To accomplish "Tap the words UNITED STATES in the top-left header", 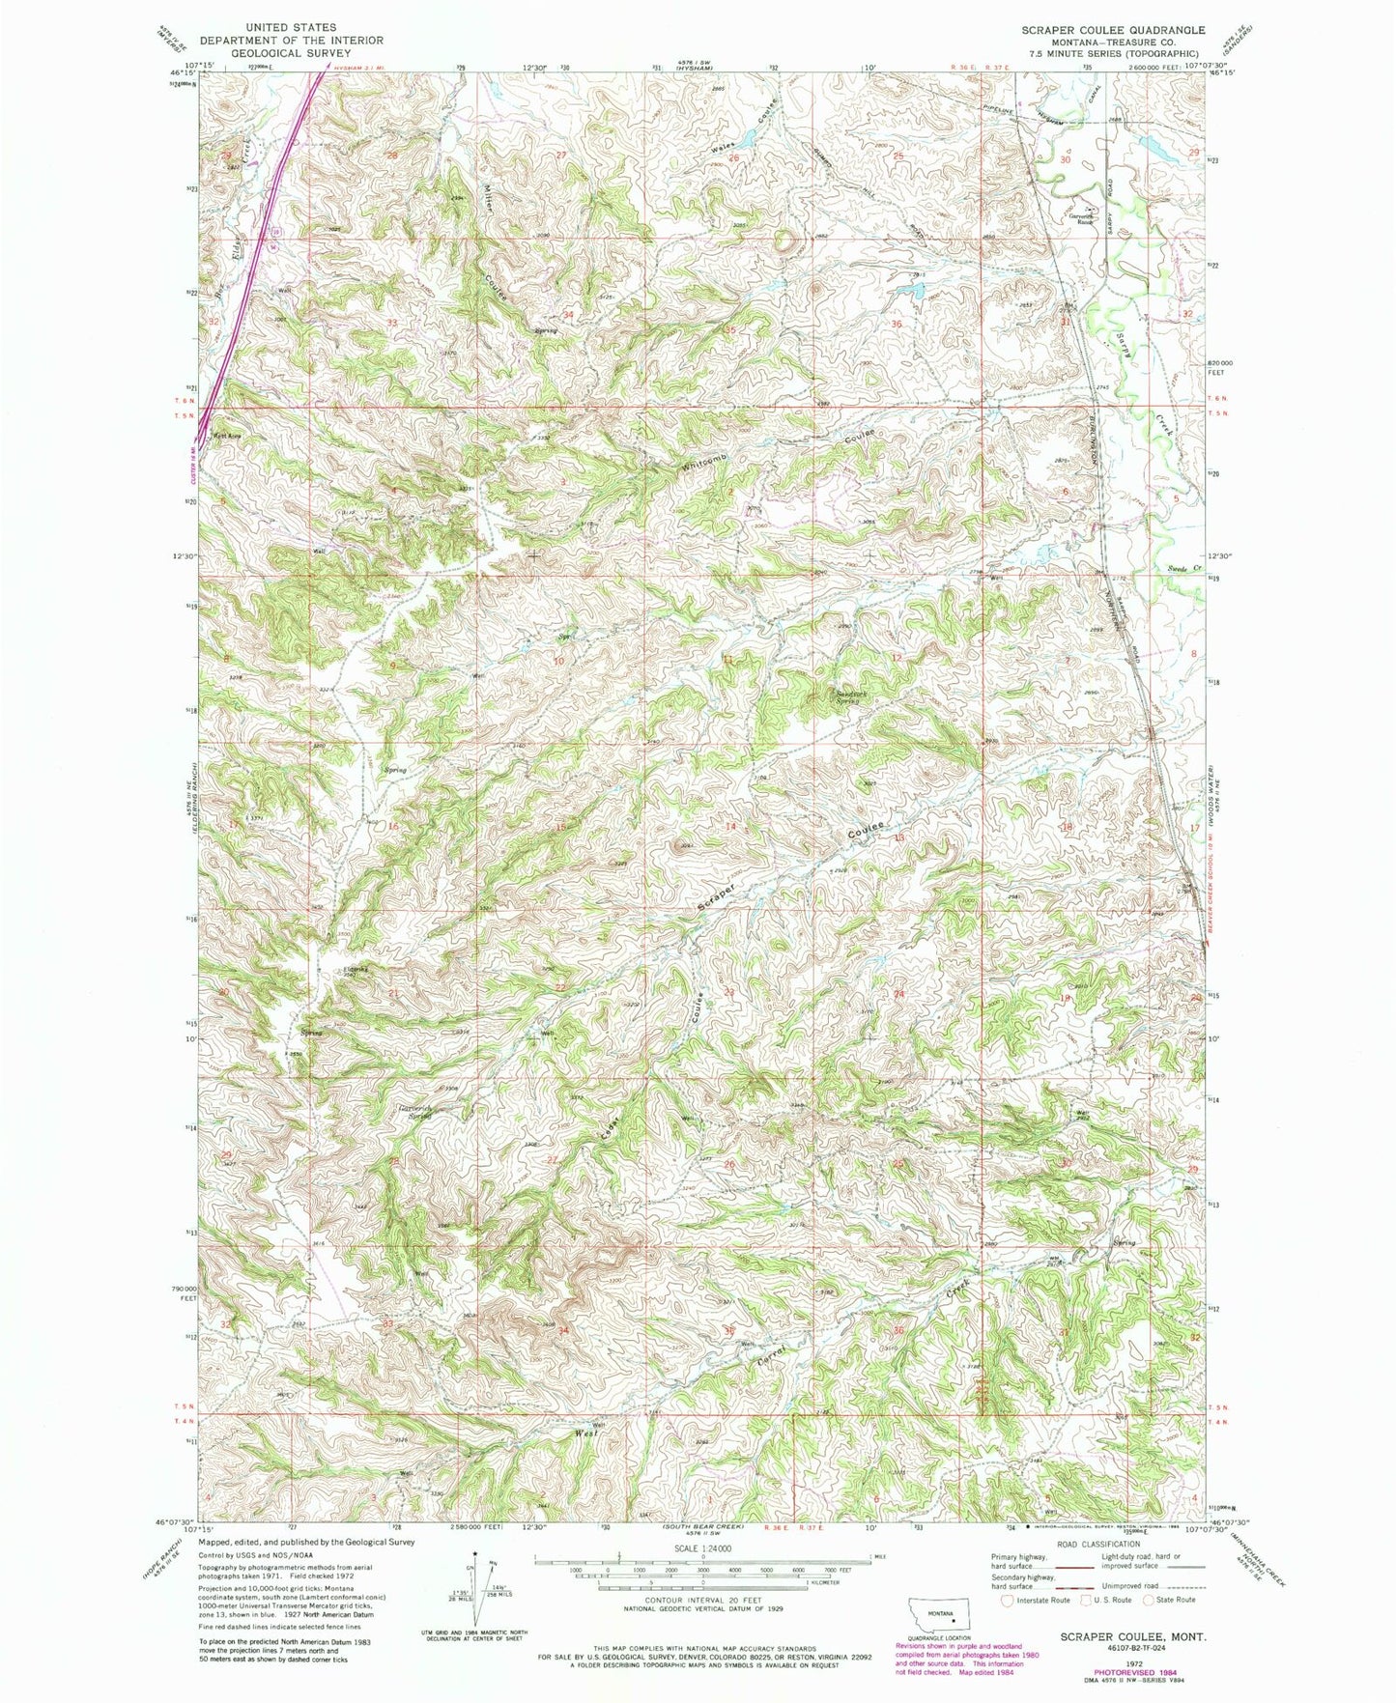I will click(x=291, y=28).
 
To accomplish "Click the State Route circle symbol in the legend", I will click(x=1149, y=1600).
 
